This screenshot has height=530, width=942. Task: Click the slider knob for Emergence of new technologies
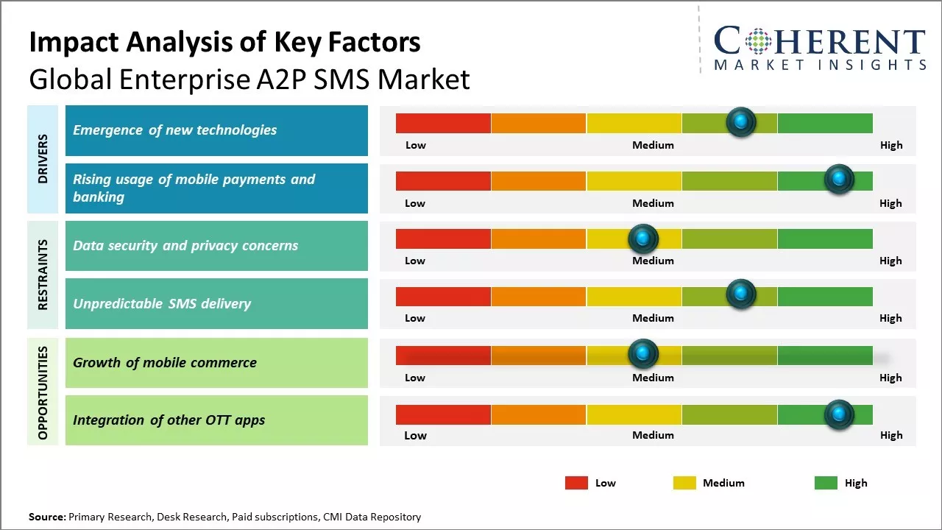click(x=741, y=121)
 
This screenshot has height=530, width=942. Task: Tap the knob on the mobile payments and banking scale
click(x=839, y=179)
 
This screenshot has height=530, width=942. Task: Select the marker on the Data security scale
click(x=643, y=238)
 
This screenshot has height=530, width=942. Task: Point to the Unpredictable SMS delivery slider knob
click(x=741, y=294)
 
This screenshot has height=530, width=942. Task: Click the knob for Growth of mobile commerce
click(x=643, y=354)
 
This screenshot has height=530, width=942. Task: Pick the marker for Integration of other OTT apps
click(x=839, y=414)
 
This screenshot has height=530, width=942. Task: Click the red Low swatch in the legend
click(x=576, y=483)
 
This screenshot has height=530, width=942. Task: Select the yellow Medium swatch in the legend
click(x=684, y=483)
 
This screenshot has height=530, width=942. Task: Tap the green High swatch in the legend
click(x=826, y=483)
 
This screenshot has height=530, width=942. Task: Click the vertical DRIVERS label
click(x=43, y=158)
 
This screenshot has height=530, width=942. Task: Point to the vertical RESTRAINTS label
click(x=43, y=275)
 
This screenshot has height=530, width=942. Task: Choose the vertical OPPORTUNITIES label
click(x=43, y=392)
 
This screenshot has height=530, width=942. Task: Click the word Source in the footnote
click(x=47, y=517)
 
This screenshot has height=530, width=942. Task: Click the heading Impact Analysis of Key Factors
click(x=224, y=43)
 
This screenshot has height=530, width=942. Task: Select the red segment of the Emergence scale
click(x=443, y=123)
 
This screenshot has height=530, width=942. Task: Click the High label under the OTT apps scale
click(x=890, y=435)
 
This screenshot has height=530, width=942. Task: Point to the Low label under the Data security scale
click(x=415, y=261)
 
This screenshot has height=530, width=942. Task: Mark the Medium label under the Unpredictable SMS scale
click(x=653, y=318)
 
